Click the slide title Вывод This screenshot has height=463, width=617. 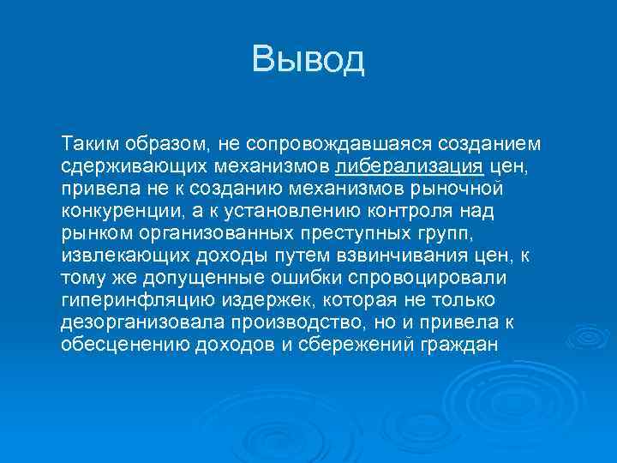[x=308, y=59]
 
